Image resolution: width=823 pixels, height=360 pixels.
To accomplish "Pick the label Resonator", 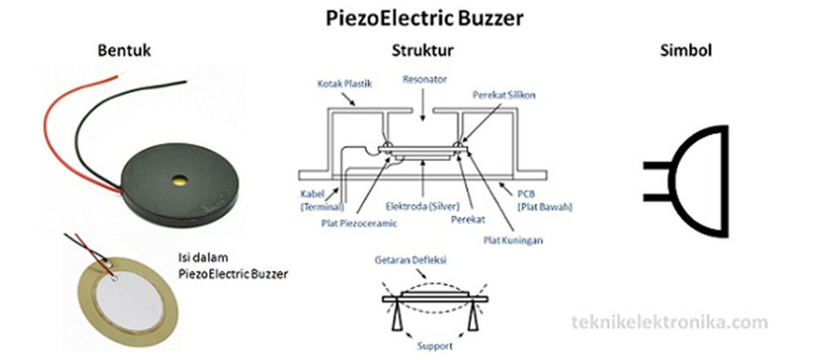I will (x=425, y=79).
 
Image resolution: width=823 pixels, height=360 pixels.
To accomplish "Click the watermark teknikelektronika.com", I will (x=668, y=322).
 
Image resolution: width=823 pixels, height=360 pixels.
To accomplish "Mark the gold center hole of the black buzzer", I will (x=180, y=180).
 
